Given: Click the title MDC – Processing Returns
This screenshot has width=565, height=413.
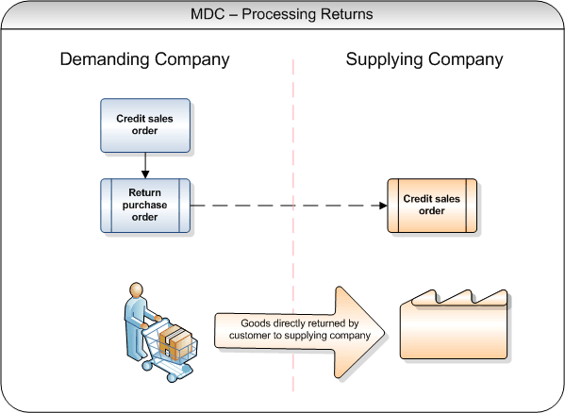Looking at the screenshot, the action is tap(282, 14).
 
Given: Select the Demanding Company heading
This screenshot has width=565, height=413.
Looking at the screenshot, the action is tap(144, 59).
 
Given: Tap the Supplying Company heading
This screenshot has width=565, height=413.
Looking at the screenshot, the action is tap(424, 59).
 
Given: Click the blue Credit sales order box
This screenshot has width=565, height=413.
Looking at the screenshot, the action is tap(145, 125).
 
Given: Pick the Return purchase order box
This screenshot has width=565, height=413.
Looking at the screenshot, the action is tap(145, 206).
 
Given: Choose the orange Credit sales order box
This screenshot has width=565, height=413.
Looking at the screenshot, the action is tap(432, 206).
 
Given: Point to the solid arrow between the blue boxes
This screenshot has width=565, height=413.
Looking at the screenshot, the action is tap(145, 165).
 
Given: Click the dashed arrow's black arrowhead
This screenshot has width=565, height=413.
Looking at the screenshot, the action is tap(383, 206).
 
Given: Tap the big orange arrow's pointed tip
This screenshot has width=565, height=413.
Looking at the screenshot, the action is tap(385, 333).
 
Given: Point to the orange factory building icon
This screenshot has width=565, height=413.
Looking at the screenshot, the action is tap(454, 324).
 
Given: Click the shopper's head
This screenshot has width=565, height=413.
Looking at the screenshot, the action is tap(137, 289).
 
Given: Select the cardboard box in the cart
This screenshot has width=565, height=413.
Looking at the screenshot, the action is tap(175, 342).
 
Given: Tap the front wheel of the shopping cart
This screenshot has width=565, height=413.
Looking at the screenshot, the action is tap(172, 377).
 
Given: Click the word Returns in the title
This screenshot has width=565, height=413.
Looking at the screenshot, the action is tap(347, 14).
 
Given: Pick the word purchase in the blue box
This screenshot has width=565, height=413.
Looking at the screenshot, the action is tap(145, 206).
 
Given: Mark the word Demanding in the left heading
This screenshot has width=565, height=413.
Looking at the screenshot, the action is tap(105, 59).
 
